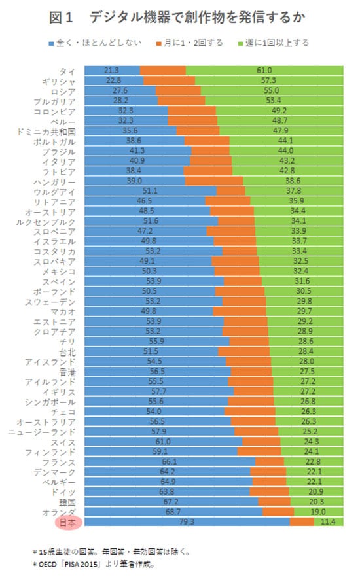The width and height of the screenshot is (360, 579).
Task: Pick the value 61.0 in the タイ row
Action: click(264, 70)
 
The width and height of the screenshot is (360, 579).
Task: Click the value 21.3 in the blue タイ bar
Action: click(111, 70)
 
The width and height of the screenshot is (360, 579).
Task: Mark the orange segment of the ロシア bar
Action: click(178, 91)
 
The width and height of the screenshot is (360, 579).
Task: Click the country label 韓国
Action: click(67, 502)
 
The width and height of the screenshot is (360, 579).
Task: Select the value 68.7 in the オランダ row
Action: click(171, 512)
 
